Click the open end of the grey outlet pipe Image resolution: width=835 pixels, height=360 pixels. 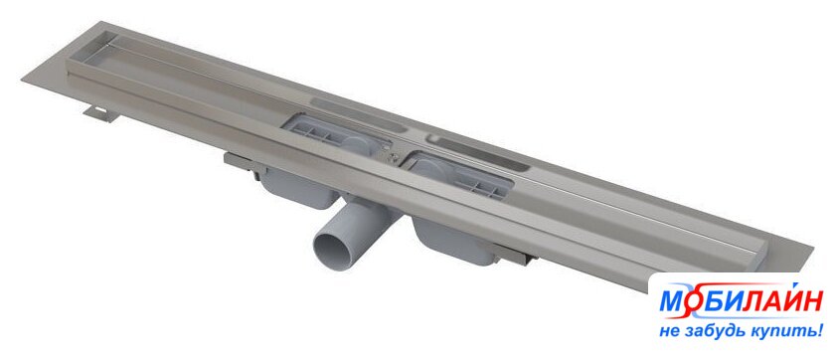point(333,251)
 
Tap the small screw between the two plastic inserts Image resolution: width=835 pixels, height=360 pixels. point(393,156)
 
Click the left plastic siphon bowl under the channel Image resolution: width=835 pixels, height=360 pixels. point(299,186)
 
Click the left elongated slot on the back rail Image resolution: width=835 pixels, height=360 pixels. point(358,114)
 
